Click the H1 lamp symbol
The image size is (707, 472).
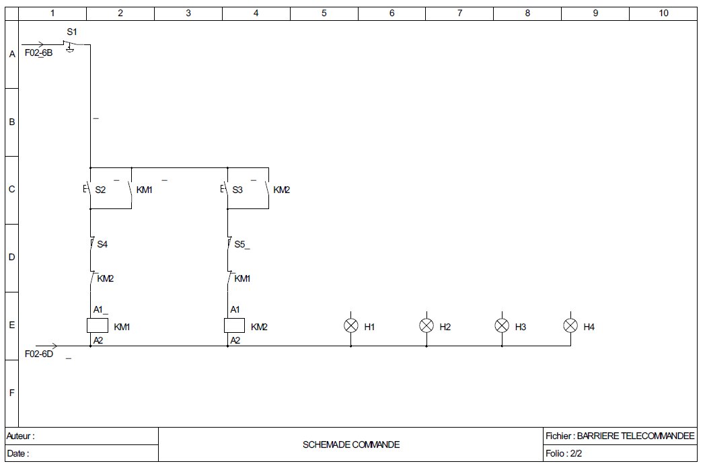pyautogui.click(x=350, y=325)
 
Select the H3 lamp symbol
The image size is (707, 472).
pyautogui.click(x=502, y=325)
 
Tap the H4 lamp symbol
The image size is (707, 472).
pyautogui.click(x=570, y=325)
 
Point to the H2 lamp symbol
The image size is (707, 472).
pyautogui.click(x=426, y=325)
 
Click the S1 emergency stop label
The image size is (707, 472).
pyautogui.click(x=72, y=32)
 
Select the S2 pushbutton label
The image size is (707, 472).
pyautogui.click(x=100, y=190)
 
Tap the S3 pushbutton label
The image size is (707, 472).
pyautogui.click(x=237, y=190)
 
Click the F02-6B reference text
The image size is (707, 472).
pyautogui.click(x=38, y=52)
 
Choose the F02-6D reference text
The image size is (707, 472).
pyautogui.click(x=38, y=354)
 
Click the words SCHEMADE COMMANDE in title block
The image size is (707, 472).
pyautogui.click(x=351, y=444)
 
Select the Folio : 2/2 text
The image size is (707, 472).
pyautogui.click(x=564, y=454)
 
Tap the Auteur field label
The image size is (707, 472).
pyautogui.click(x=20, y=436)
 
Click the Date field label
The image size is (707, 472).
pyautogui.click(x=17, y=454)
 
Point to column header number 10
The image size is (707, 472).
pyautogui.click(x=663, y=13)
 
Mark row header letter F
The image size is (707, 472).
pyautogui.click(x=11, y=393)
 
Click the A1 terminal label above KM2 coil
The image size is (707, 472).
pyautogui.click(x=235, y=310)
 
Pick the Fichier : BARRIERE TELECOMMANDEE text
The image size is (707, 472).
pyautogui.click(x=620, y=436)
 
